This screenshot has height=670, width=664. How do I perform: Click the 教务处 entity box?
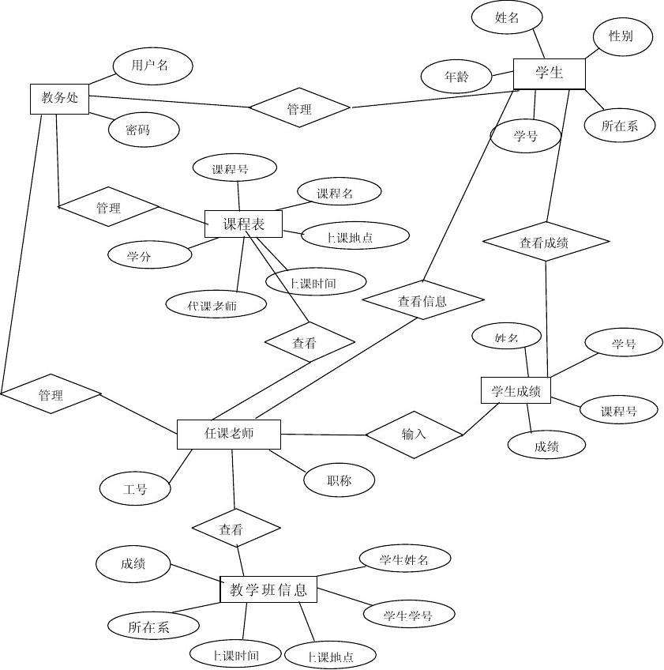pos(59,99)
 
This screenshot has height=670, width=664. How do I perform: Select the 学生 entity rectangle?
pos(549,73)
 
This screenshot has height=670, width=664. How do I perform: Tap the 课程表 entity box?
pos(244,224)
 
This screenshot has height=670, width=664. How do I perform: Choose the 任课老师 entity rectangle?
pos(228,434)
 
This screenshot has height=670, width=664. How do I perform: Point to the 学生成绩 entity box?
pos(516,391)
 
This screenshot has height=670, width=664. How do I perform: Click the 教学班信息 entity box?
pos(268,589)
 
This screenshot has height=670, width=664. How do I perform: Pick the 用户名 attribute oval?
pos(152,66)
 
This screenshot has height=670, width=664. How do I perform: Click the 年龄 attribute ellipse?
pos(456,77)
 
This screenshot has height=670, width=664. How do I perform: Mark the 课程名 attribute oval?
pos(339,192)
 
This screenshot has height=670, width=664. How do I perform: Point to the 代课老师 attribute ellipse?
pos(216,304)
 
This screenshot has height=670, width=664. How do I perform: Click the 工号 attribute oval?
pos(135,489)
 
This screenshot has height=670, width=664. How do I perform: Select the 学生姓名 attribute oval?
pos(404,559)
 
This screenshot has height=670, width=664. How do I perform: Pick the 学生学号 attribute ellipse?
pos(408,615)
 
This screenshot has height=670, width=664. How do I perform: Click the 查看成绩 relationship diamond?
pos(546,243)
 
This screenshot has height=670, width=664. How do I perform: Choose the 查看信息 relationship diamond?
pos(422,300)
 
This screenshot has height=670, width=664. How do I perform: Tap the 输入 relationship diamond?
pos(414,434)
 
